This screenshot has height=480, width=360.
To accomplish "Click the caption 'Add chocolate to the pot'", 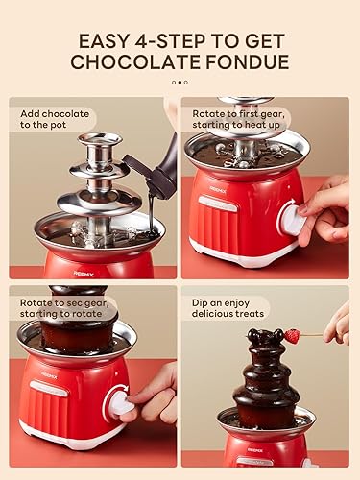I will click(57, 120).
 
